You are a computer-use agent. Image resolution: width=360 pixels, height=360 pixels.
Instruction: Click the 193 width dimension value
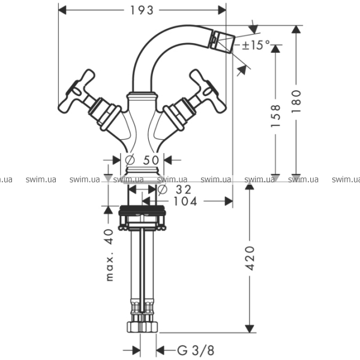pos(142,10)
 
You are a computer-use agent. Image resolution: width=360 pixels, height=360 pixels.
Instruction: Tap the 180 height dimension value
pos(296,101)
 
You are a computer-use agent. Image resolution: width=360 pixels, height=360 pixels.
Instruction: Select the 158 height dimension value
pos(275,116)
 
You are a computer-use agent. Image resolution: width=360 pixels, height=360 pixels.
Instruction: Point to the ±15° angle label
pos(256,45)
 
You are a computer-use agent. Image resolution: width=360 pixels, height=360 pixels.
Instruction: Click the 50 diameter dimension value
pos(151,160)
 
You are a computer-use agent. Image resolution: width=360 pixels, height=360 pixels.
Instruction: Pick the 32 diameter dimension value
pos(184,190)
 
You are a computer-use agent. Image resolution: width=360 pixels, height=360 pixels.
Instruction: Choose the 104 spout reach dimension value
pos(185,202)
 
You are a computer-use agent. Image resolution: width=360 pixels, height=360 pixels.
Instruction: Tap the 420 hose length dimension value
pos(250,258)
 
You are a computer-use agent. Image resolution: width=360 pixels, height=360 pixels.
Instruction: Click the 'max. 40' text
pos(110,255)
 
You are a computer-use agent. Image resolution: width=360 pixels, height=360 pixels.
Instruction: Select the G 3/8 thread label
pos(196,350)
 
